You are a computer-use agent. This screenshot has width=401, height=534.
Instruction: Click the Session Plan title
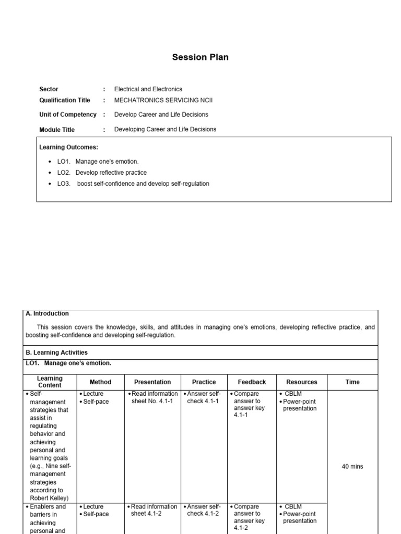pos(200,57)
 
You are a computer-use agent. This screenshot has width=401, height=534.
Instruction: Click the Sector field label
pos(49,89)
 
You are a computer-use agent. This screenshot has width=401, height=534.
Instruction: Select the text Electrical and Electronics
pos(148,89)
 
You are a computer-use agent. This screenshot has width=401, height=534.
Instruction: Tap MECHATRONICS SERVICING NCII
pos(163,100)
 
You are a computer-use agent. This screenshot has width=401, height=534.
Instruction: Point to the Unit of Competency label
pos(68,114)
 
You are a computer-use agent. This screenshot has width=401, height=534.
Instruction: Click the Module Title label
pos(57,130)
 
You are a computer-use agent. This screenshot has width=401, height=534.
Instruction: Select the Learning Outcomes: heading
pos(68,148)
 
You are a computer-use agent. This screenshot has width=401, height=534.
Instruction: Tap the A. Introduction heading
pos(47,313)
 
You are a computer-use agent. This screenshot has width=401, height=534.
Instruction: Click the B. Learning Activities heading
pos(56,353)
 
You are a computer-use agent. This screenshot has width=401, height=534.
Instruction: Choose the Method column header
pos(100,382)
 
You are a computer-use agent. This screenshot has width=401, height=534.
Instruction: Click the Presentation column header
pos(152,382)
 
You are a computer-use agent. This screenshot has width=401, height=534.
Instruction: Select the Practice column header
pos(204,382)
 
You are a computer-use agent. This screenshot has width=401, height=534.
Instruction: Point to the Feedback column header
pos(252,382)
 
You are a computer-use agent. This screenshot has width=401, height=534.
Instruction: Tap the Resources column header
pos(301,382)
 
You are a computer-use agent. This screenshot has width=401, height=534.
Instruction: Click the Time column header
pos(352,382)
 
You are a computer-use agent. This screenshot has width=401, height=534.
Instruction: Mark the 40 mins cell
pos(352,467)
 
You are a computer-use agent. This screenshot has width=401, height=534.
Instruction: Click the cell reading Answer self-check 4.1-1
pos(204,397)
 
